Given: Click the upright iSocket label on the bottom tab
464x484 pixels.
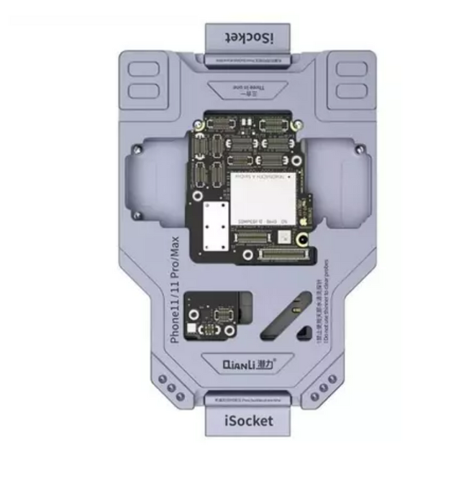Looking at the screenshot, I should pyautogui.click(x=247, y=420).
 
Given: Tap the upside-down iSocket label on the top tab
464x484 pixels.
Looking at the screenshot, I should pyautogui.click(x=247, y=37).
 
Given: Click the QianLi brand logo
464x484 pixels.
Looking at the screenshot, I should pyautogui.click(x=247, y=364).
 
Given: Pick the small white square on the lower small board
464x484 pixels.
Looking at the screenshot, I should pyautogui.click(x=191, y=328).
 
